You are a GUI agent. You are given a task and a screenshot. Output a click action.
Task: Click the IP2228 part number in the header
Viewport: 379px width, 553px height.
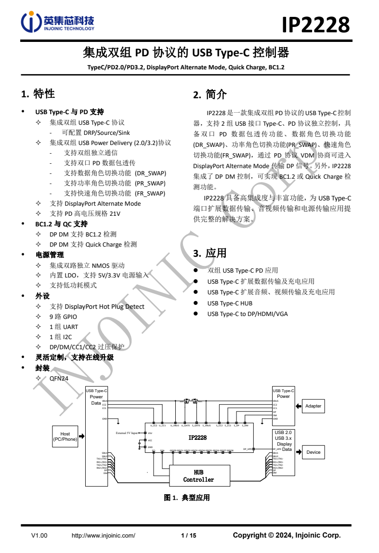pyautogui.click(x=315, y=24)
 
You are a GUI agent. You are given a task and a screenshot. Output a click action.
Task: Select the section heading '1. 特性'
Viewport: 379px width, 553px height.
pyautogui.click(x=39, y=94)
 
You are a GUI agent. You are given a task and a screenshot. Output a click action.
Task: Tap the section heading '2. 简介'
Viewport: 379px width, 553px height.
pyautogui.click(x=210, y=95)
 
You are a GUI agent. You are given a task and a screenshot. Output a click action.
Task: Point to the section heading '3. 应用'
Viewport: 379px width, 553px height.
pyautogui.click(x=210, y=253)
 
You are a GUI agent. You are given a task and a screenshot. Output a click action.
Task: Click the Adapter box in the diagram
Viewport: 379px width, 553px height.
pyautogui.click(x=313, y=406)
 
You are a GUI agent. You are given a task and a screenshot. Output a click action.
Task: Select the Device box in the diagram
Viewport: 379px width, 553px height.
pyautogui.click(x=313, y=452)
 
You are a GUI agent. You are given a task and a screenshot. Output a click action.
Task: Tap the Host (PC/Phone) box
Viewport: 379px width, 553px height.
pyautogui.click(x=65, y=436)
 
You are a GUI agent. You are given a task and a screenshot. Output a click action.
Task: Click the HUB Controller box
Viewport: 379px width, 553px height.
pyautogui.click(x=198, y=476)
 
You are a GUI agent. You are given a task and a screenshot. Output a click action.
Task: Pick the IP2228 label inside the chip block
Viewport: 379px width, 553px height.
pyautogui.click(x=197, y=437)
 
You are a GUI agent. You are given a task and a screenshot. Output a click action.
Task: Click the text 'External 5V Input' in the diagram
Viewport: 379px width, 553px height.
pyautogui.click(x=127, y=433)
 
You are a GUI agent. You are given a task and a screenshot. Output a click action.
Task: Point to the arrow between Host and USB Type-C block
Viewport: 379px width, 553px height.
pyautogui.click(x=82, y=436)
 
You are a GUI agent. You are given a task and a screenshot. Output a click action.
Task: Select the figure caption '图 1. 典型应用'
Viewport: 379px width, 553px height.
pyautogui.click(x=187, y=498)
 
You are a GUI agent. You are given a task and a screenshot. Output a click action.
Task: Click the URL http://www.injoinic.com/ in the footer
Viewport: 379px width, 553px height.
pyautogui.click(x=103, y=535)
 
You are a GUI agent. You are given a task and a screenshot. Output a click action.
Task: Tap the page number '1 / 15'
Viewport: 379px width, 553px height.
pyautogui.click(x=188, y=535)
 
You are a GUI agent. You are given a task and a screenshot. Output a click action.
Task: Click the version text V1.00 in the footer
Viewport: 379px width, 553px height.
pyautogui.click(x=39, y=535)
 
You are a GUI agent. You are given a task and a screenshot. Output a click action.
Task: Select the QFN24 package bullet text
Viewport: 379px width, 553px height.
pyautogui.click(x=59, y=379)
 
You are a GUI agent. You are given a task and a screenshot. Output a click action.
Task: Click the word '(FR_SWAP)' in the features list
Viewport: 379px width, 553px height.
pyautogui.click(x=150, y=193)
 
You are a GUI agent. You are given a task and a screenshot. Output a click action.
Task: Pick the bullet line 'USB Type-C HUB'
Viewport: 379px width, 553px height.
pyautogui.click(x=230, y=303)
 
